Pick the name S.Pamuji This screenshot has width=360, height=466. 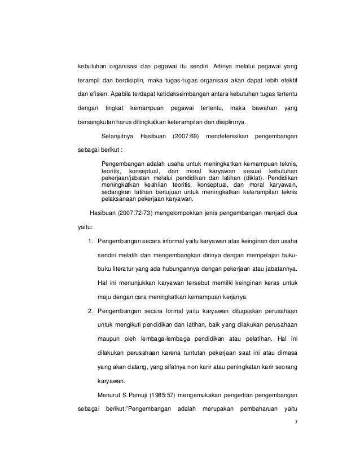(x=121, y=393)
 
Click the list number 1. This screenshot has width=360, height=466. (x=90, y=241)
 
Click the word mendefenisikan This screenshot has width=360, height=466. (x=225, y=136)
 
